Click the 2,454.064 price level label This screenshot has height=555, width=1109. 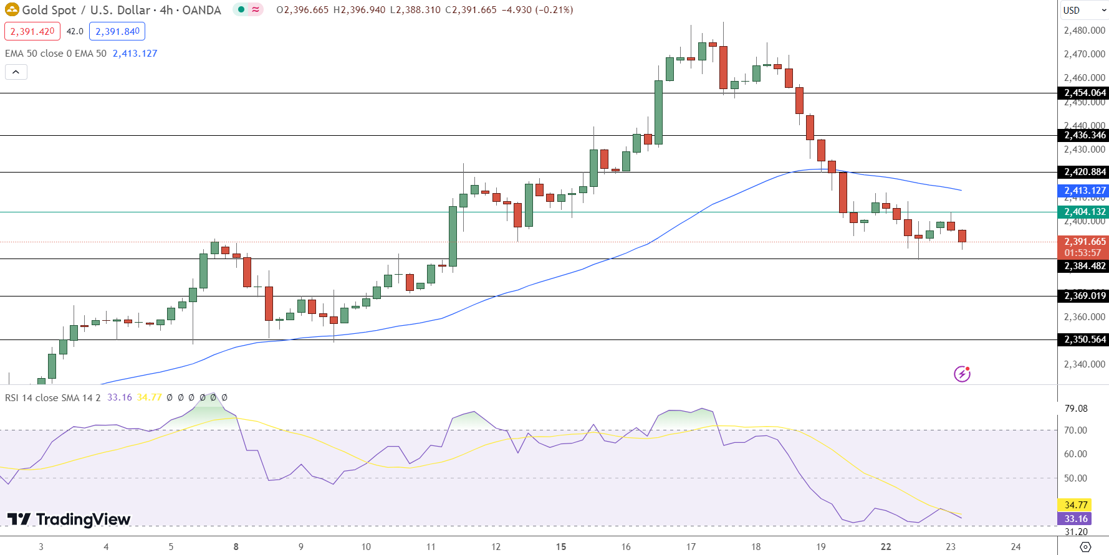pyautogui.click(x=1083, y=93)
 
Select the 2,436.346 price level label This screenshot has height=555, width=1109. pyautogui.click(x=1083, y=135)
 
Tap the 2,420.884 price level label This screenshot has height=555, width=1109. pyautogui.click(x=1083, y=172)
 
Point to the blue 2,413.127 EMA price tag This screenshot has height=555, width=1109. pyautogui.click(x=1083, y=191)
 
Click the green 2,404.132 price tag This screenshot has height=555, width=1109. pyautogui.click(x=1083, y=212)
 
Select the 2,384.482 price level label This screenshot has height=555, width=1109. pyautogui.click(x=1083, y=266)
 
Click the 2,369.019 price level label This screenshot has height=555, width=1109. pyautogui.click(x=1083, y=296)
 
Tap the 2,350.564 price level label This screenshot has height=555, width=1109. pyautogui.click(x=1083, y=339)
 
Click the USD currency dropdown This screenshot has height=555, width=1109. pyautogui.click(x=1083, y=10)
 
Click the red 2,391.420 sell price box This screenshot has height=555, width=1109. pyautogui.click(x=32, y=31)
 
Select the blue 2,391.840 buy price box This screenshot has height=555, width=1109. pyautogui.click(x=117, y=31)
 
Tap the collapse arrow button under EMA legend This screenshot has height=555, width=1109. pyautogui.click(x=16, y=72)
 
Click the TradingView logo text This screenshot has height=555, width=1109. pyautogui.click(x=69, y=519)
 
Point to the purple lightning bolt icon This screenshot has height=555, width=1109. pyautogui.click(x=962, y=374)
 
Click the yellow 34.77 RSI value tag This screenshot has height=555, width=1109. pyautogui.click(x=1075, y=505)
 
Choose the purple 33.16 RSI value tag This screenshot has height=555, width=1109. pyautogui.click(x=1075, y=519)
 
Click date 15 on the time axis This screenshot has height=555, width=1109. pyautogui.click(x=561, y=547)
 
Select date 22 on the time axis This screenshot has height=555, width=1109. pyautogui.click(x=886, y=547)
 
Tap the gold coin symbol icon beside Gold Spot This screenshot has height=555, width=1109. pyautogui.click(x=12, y=10)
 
